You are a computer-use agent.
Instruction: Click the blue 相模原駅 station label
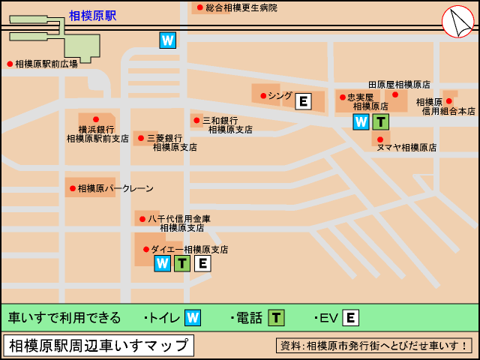coord(92,15)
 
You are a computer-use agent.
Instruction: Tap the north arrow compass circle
coord(457,22)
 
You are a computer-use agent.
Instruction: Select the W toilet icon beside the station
coord(168,40)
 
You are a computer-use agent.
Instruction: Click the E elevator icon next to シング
coord(303,101)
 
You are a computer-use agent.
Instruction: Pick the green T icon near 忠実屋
coord(381,122)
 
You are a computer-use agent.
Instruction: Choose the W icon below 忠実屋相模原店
coord(361,122)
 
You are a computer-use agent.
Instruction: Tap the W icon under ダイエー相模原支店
coord(162,263)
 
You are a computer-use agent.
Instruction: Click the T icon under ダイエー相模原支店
coord(182,263)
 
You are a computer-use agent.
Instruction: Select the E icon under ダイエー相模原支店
coord(202,263)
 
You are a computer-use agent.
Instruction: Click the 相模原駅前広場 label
coord(46,64)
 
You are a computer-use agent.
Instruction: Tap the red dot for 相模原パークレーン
coord(73,188)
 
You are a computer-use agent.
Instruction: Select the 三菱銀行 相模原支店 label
coord(169,142)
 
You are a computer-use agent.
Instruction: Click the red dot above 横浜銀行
coord(96,119)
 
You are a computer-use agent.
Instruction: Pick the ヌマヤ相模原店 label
coord(406,148)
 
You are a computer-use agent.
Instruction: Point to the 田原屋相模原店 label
coord(399,85)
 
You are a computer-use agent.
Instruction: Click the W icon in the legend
coord(193,317)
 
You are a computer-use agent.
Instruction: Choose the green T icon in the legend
coord(277,317)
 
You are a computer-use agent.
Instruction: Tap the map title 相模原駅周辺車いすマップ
coord(98,345)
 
